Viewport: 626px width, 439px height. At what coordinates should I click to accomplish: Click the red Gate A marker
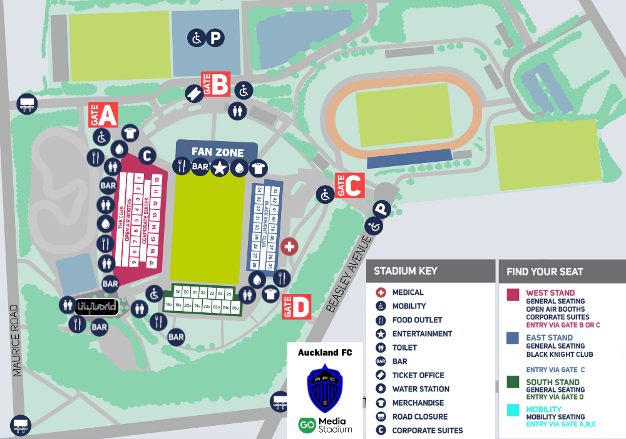pos(103,115)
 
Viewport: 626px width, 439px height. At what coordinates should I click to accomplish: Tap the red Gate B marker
pos(216,84)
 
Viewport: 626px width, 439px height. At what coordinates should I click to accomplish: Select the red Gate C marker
pos(350,185)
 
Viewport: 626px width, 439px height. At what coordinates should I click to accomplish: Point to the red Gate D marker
pos(296,307)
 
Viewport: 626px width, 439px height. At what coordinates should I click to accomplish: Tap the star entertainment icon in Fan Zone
pos(219,167)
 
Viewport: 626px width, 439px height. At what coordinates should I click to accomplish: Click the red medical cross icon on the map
pos(289,246)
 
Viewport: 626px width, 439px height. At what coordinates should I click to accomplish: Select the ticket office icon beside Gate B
pos(194,93)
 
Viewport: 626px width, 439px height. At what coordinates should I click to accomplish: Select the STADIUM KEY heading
pos(405,271)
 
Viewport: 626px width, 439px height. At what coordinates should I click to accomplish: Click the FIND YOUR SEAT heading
pos(544,272)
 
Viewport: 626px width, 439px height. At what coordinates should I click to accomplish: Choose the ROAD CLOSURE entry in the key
pos(419,416)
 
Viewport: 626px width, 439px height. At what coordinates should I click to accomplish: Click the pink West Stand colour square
pos(513,295)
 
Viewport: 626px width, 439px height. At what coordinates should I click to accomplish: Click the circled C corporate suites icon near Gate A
pos(146,155)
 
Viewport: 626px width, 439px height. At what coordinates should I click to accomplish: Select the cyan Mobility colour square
pos(513,410)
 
